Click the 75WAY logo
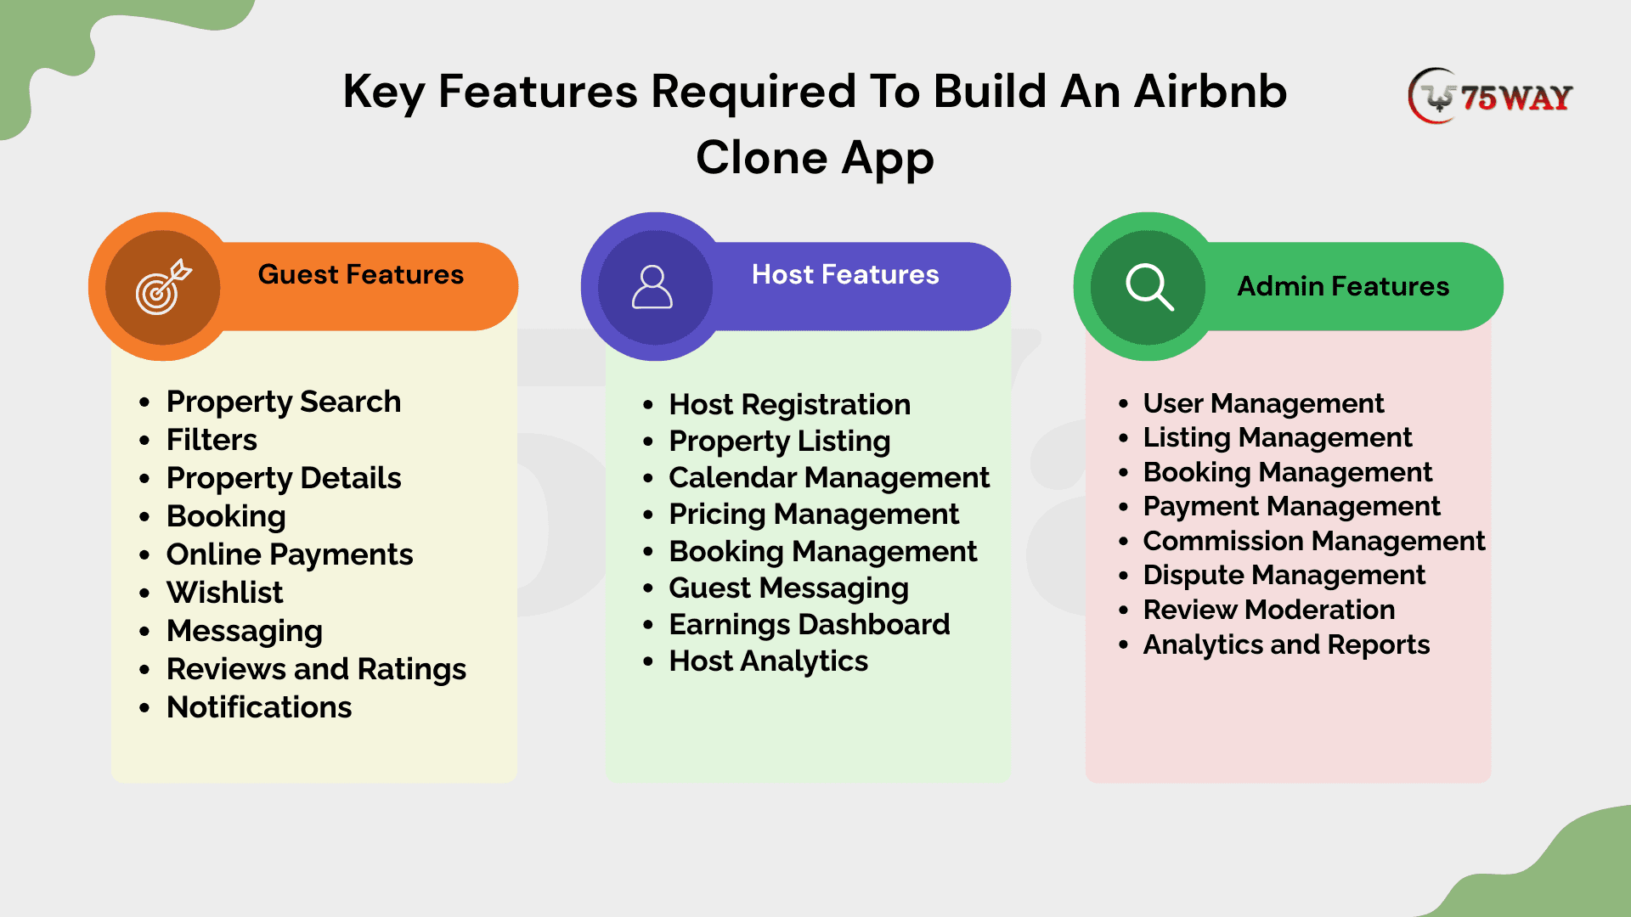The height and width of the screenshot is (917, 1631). (x=1490, y=96)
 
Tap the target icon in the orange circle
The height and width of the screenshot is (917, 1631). (x=163, y=287)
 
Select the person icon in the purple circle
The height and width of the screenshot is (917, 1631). (x=652, y=287)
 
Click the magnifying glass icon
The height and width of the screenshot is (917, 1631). (x=1149, y=287)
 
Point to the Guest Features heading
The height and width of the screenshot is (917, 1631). (x=360, y=274)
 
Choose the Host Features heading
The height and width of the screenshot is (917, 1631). (x=845, y=274)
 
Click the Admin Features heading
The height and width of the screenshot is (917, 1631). (x=1343, y=286)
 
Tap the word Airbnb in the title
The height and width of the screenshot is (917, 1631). (x=1211, y=91)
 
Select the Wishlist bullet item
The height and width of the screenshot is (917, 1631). (x=224, y=592)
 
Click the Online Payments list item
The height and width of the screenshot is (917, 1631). (x=290, y=554)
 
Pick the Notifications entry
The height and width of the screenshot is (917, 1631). (x=259, y=707)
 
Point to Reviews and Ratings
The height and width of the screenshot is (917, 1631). (x=316, y=669)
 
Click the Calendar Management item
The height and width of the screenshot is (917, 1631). (x=829, y=478)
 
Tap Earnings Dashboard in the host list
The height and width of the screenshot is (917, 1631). (x=810, y=625)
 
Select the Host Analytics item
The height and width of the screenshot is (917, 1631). (x=769, y=661)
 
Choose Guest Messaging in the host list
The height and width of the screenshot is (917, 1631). (x=789, y=588)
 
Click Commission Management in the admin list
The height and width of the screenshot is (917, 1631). (x=1314, y=541)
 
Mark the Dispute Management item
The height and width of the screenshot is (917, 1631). (x=1284, y=576)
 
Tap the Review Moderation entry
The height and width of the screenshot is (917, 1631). (x=1269, y=610)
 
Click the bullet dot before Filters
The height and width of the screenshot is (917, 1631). (x=145, y=441)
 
